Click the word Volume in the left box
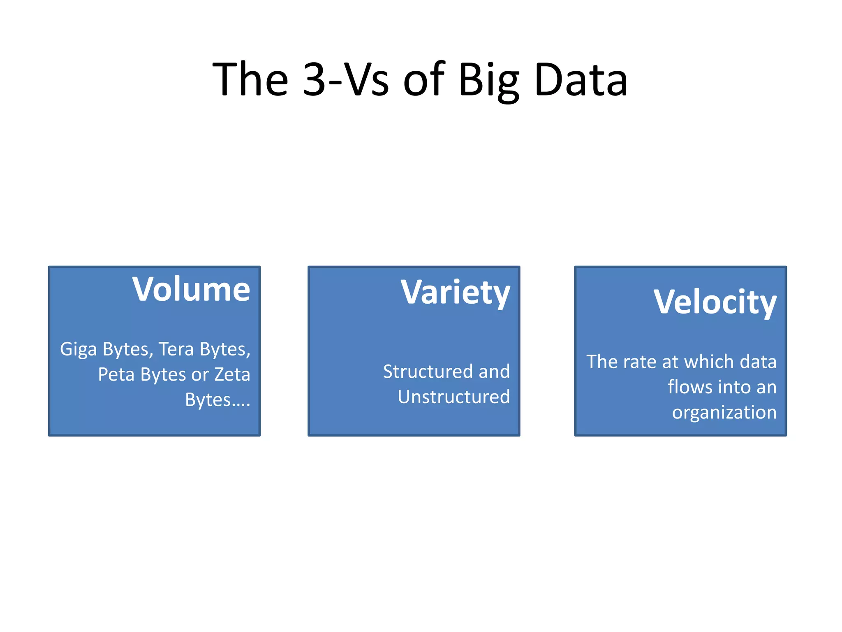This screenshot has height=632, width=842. click(191, 289)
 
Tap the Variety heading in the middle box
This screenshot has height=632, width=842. click(455, 293)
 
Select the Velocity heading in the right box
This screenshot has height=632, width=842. click(715, 302)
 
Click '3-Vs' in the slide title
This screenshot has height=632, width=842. click(345, 79)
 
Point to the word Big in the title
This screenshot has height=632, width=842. click(489, 80)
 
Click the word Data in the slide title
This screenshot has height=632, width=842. click(581, 79)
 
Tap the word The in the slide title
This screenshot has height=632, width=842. click(250, 79)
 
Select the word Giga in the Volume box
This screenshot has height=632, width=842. click(78, 349)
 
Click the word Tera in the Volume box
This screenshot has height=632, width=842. click(176, 349)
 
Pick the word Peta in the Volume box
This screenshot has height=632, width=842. click(116, 374)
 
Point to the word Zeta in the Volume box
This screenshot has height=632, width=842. click(232, 374)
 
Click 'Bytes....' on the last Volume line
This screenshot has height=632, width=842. click(217, 400)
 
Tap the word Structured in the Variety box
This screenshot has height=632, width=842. click(428, 372)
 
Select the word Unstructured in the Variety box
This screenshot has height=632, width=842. click(454, 397)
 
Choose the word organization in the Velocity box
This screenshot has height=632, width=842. click(724, 413)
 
